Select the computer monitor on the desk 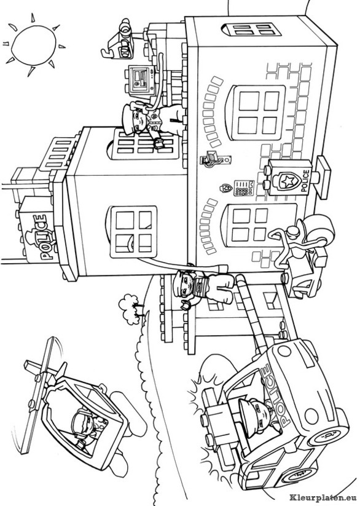click(140, 79)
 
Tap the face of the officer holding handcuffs click(185, 285)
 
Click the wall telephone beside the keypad click(215, 159)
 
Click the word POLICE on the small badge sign click(305, 182)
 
